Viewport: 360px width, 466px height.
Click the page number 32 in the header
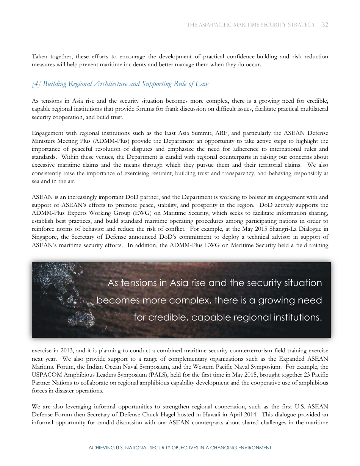(325, 25)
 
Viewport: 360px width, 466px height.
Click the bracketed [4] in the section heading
(36, 84)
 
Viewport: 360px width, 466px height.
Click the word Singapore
(45, 237)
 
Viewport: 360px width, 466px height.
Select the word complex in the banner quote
(189, 300)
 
